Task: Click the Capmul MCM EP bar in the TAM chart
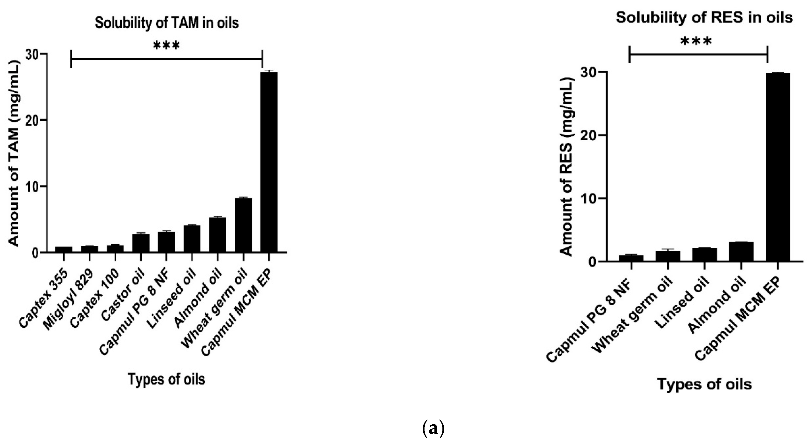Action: click(x=269, y=162)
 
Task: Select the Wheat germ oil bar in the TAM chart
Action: click(x=243, y=225)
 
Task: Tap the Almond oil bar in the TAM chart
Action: click(x=217, y=234)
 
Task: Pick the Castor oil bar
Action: click(x=141, y=243)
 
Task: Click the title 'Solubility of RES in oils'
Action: click(x=704, y=18)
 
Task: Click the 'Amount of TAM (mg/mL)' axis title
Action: click(x=13, y=153)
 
